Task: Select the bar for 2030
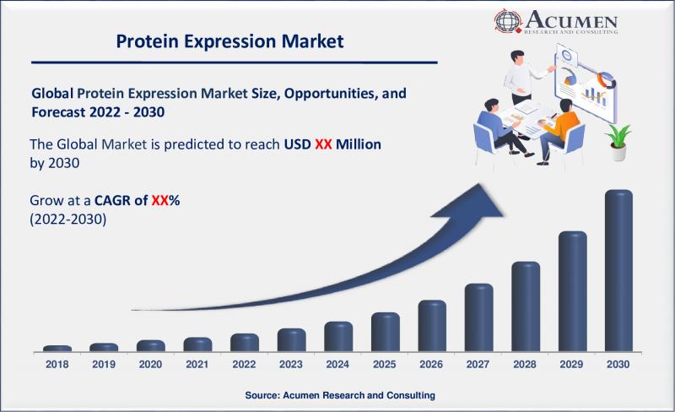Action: click(618, 270)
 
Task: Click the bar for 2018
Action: click(57, 348)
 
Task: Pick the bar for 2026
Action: click(432, 325)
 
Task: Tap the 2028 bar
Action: click(526, 306)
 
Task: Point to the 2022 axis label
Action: click(244, 364)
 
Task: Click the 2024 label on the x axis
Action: click(337, 364)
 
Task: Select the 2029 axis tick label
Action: click(571, 364)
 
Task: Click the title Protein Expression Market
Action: click(229, 41)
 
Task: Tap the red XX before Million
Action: click(323, 144)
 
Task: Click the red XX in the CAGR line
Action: click(159, 200)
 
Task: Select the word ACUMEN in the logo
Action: click(571, 19)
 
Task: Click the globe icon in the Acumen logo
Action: click(508, 21)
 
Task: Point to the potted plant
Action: click(618, 142)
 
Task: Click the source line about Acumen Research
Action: click(340, 395)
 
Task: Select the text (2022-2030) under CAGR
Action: click(68, 220)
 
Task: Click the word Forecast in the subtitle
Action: click(58, 112)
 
